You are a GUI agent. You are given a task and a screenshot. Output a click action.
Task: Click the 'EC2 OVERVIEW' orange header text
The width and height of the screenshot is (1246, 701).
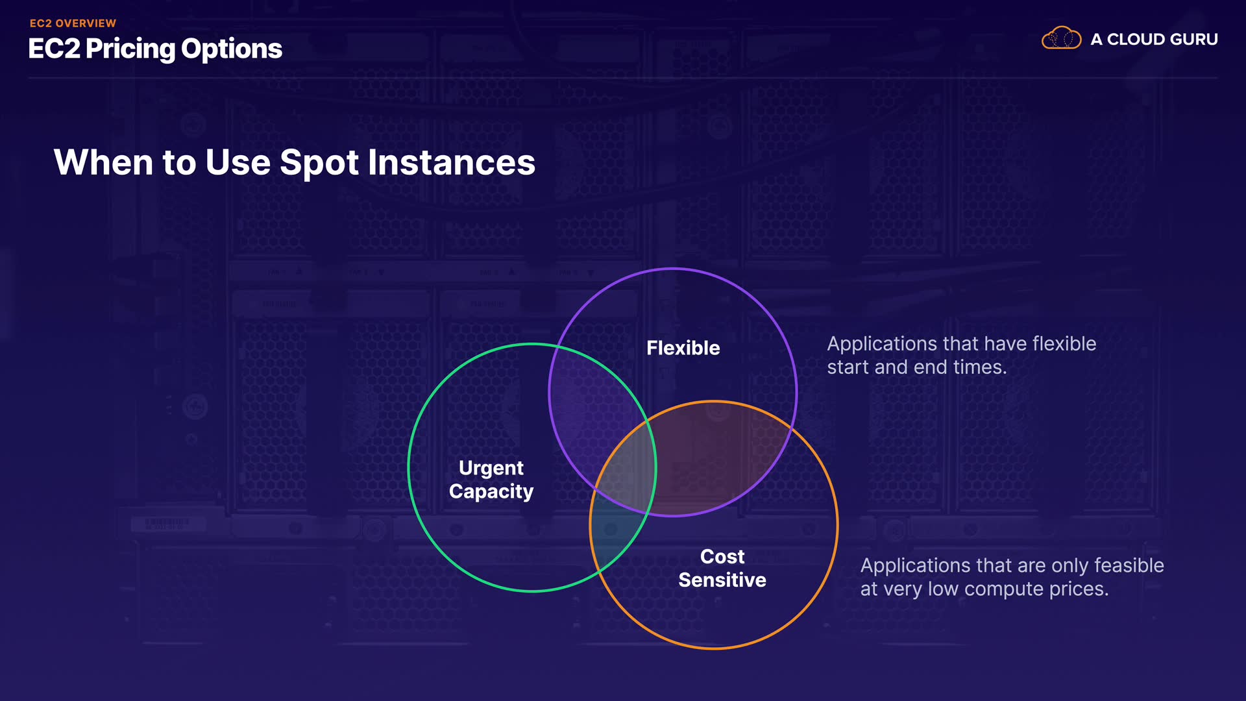tap(73, 23)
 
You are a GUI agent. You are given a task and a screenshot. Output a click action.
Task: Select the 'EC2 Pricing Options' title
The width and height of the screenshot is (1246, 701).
tap(155, 49)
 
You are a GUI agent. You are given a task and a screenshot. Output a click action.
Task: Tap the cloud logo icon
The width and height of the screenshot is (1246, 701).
tap(1061, 38)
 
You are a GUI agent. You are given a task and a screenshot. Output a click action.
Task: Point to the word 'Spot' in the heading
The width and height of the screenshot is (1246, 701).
tap(319, 163)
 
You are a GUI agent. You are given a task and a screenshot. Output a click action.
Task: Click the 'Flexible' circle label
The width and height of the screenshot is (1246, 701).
tap(683, 348)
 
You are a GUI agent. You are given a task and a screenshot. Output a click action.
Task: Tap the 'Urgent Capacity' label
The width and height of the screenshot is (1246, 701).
tap(491, 480)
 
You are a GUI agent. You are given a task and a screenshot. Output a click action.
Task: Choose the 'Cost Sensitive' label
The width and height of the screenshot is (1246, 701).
tap(722, 568)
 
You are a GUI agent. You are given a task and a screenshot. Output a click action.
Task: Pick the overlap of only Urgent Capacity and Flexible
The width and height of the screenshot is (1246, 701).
tap(591, 402)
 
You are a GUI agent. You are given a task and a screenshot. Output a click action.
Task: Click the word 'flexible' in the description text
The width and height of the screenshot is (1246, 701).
tap(1064, 343)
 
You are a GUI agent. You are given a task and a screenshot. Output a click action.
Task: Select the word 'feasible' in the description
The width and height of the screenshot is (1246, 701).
tap(1129, 565)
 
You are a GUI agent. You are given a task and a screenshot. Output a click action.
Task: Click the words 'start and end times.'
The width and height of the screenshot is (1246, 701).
tap(917, 367)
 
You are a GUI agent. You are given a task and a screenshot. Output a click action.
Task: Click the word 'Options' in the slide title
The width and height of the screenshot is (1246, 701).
tap(232, 49)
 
